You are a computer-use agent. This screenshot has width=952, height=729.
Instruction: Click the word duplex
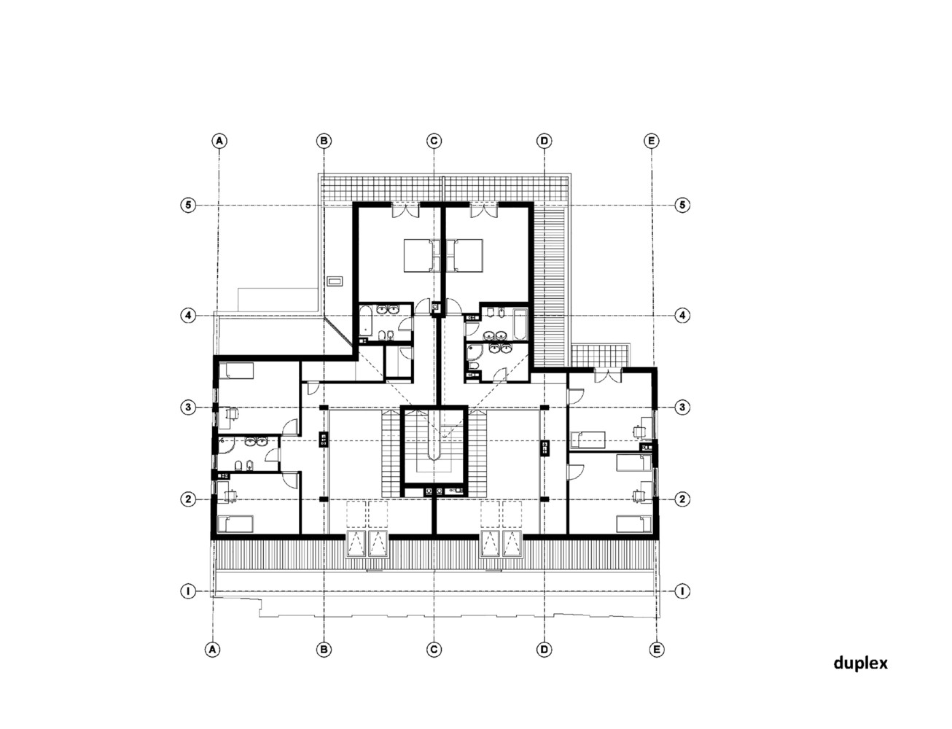(x=860, y=663)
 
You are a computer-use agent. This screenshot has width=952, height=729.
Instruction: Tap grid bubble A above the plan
(x=217, y=140)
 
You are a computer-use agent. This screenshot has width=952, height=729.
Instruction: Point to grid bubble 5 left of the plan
(x=188, y=205)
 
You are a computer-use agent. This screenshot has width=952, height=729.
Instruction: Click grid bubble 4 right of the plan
(x=682, y=316)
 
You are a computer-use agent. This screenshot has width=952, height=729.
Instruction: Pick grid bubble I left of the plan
(x=188, y=591)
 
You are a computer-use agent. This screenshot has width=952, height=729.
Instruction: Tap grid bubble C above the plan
(x=434, y=140)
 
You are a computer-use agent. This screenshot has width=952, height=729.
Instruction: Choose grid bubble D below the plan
(x=544, y=649)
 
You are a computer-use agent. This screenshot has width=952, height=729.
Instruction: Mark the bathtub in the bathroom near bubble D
(x=518, y=324)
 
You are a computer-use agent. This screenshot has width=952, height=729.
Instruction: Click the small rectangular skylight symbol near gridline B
(x=335, y=280)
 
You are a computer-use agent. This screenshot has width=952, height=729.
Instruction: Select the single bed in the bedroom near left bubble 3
(x=236, y=372)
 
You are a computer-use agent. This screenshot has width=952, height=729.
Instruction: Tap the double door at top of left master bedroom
(x=405, y=210)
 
